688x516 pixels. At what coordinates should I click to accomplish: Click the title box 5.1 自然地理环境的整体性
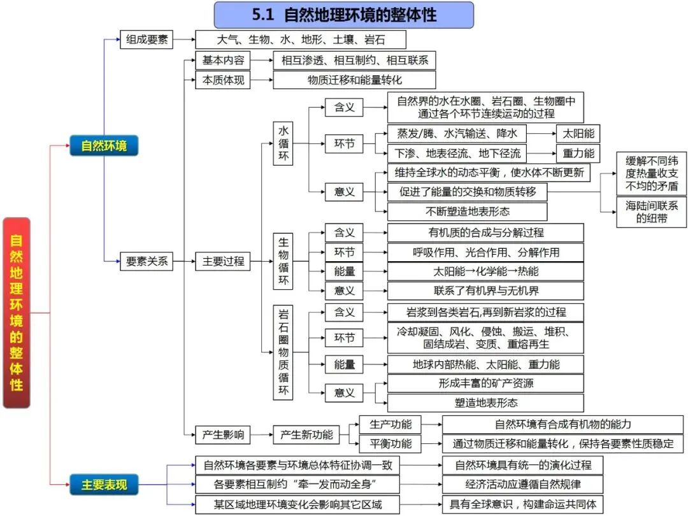click(344, 15)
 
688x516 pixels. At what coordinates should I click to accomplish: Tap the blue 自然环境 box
click(104, 146)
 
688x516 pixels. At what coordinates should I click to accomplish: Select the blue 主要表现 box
click(104, 485)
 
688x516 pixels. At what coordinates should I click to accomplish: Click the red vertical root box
click(17, 313)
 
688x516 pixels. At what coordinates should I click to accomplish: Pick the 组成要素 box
click(147, 39)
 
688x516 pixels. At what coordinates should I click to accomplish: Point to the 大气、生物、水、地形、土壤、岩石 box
click(301, 39)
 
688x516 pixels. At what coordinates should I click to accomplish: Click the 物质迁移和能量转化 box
click(354, 80)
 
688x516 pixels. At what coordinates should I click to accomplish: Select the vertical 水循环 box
click(283, 144)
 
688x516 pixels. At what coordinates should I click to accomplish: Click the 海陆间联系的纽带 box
click(652, 212)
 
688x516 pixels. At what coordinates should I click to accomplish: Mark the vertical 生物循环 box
click(283, 261)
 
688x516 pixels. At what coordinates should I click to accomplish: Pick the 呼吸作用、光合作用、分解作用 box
click(485, 252)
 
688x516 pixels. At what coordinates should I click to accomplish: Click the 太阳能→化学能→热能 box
click(485, 271)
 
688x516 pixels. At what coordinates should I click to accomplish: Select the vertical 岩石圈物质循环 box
click(283, 352)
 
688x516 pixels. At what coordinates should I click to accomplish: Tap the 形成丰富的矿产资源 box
click(485, 383)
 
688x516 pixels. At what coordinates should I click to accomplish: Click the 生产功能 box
click(391, 424)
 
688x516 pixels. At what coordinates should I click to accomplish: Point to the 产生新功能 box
click(306, 435)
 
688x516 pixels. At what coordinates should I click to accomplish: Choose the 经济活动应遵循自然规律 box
click(522, 485)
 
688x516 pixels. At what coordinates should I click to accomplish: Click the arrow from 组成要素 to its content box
click(184, 39)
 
